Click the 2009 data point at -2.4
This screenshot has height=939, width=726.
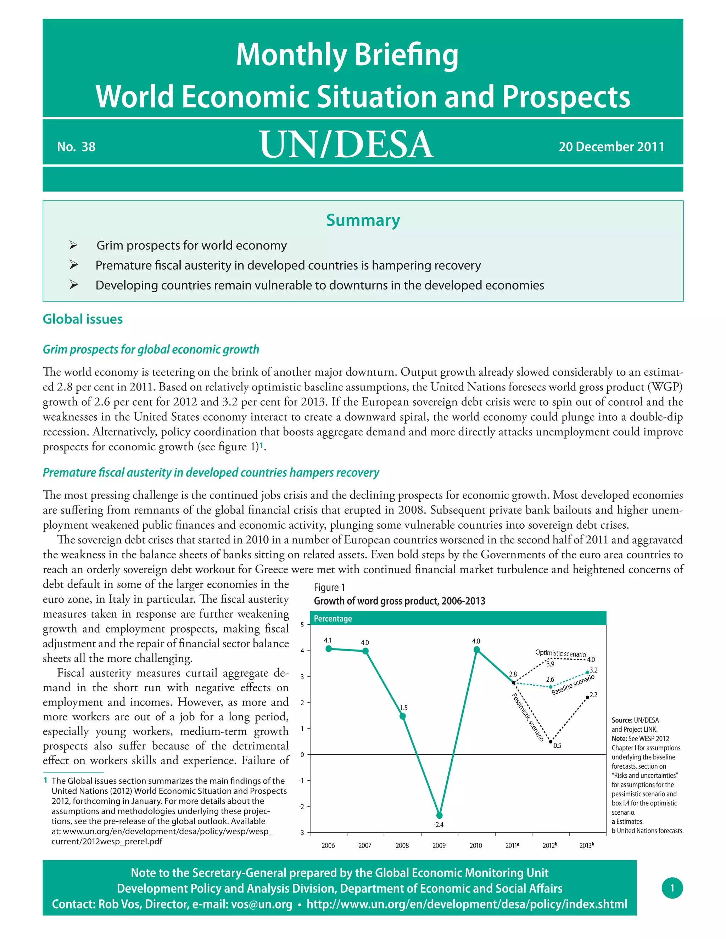pyautogui.click(x=439, y=815)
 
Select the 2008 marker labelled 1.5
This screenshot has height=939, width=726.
pyautogui.click(x=403, y=716)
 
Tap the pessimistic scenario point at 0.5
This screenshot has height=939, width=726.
pyautogui.click(x=551, y=741)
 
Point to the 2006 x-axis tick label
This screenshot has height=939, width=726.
pyautogui.click(x=328, y=845)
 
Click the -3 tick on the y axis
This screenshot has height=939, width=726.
pyautogui.click(x=302, y=832)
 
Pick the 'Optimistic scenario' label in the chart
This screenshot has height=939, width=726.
pyautogui.click(x=560, y=653)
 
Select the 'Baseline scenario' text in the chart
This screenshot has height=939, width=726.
pyautogui.click(x=573, y=685)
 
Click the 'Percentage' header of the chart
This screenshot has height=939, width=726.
pyautogui.click(x=333, y=618)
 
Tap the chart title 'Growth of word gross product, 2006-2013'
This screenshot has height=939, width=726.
pyautogui.click(x=399, y=601)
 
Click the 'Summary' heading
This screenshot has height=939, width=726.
pyautogui.click(x=363, y=220)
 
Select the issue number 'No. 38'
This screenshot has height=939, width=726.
pyautogui.click(x=76, y=147)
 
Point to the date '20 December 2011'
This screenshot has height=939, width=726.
pyautogui.click(x=611, y=147)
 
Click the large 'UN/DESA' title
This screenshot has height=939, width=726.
pyautogui.click(x=347, y=145)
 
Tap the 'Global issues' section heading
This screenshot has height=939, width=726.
pyautogui.click(x=83, y=319)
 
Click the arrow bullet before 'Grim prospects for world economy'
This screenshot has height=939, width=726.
pyautogui.click(x=73, y=245)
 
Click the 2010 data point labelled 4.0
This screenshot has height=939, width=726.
pyautogui.click(x=476, y=650)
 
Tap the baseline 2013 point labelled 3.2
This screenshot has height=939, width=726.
pyautogui.click(x=587, y=672)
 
